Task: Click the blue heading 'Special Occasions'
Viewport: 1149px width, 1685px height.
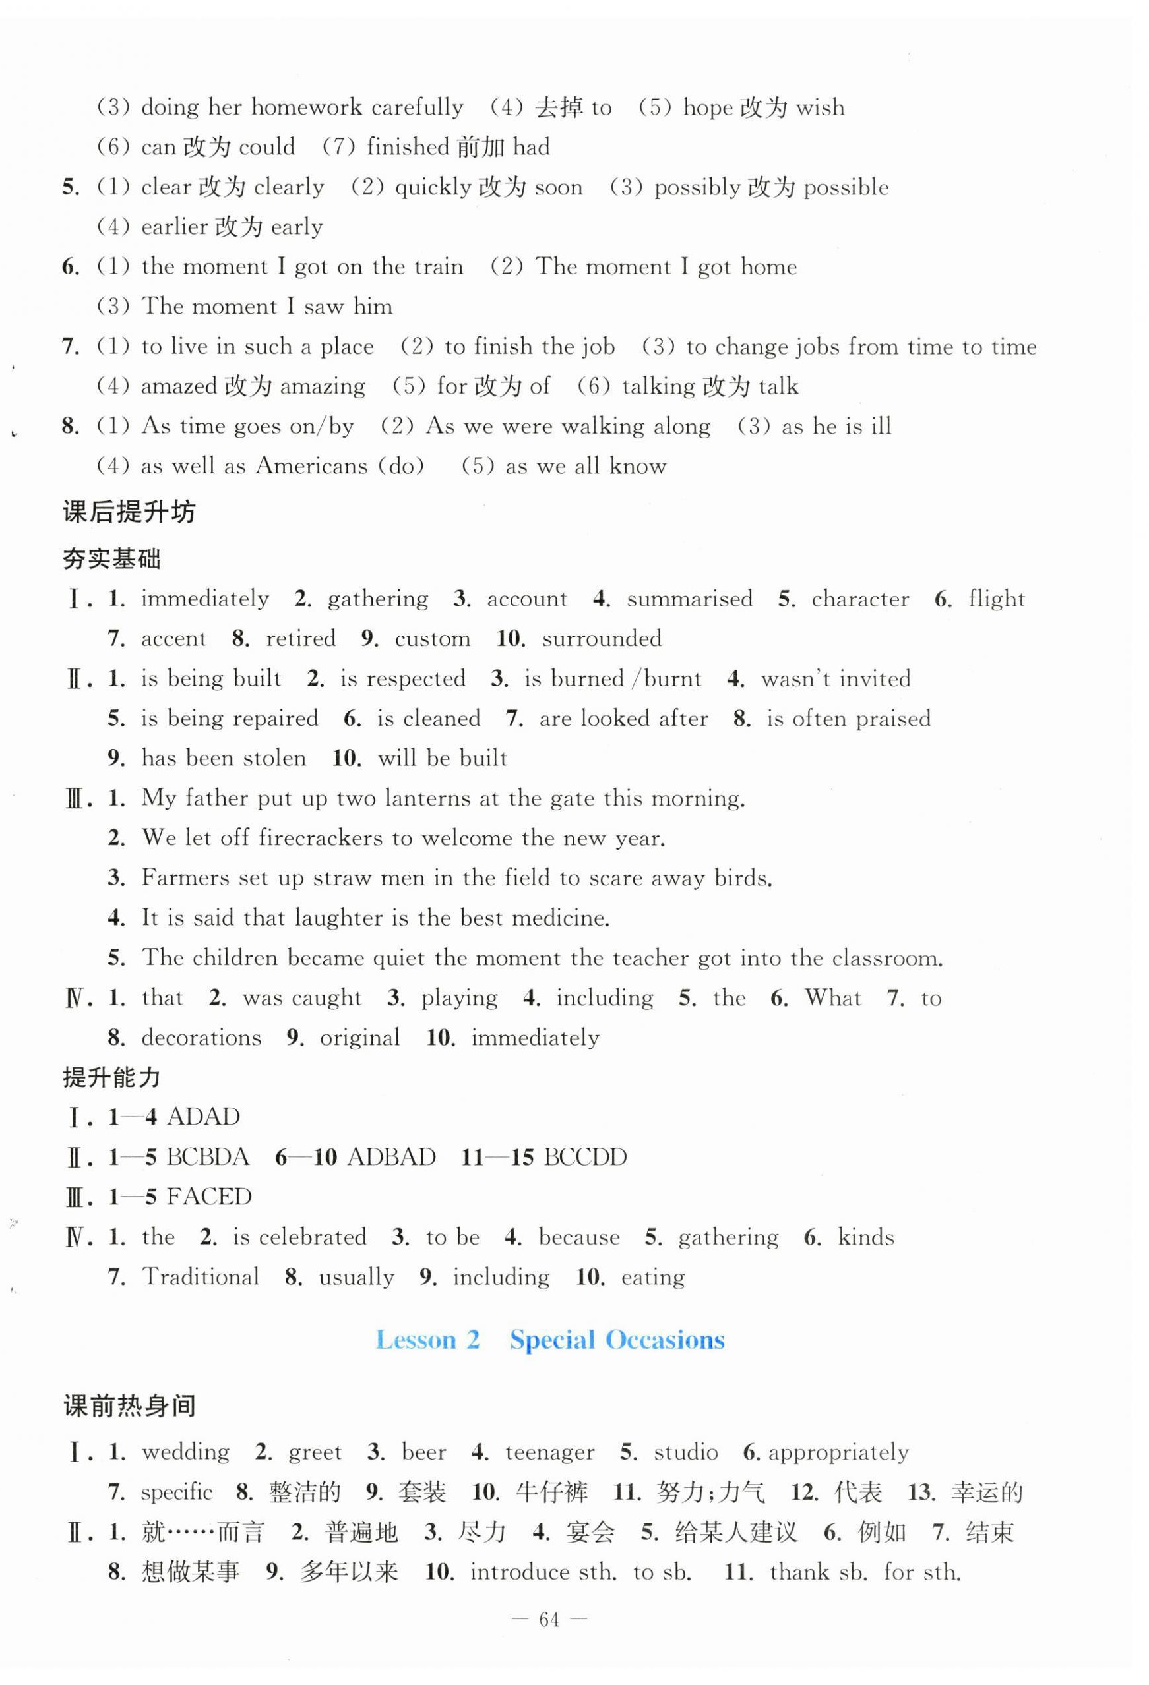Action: tap(617, 1340)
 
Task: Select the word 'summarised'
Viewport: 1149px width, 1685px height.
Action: tap(689, 599)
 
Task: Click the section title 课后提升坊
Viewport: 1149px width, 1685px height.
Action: tap(129, 513)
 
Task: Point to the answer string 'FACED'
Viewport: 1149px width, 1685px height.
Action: tap(209, 1197)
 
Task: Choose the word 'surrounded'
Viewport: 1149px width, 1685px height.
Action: tap(602, 639)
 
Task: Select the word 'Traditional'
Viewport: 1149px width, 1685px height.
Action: tap(201, 1277)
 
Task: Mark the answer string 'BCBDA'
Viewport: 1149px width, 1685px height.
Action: tap(208, 1156)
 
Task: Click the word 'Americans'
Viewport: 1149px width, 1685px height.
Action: tap(312, 465)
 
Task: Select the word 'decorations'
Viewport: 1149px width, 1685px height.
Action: tap(201, 1038)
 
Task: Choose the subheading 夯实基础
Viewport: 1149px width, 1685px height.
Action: tap(111, 559)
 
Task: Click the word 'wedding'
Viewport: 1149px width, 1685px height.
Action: tap(186, 1452)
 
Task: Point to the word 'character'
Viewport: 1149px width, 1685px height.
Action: tap(859, 599)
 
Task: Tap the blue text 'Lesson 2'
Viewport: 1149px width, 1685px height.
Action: tap(427, 1340)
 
